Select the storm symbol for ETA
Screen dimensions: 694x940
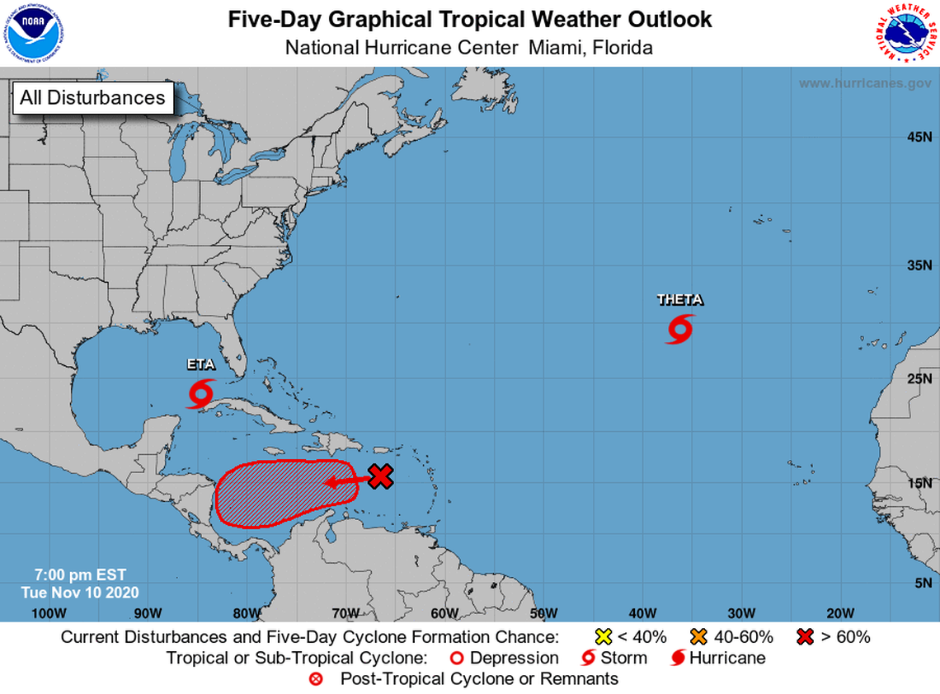(200, 392)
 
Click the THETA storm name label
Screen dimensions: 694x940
(679, 300)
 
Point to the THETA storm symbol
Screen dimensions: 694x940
(679, 329)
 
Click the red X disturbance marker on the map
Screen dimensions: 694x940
(380, 476)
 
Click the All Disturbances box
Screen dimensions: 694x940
(92, 97)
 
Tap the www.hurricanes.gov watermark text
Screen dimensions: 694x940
(864, 83)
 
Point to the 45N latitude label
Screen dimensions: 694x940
(919, 137)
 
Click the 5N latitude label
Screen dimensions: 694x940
(923, 583)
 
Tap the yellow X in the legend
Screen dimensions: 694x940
(604, 636)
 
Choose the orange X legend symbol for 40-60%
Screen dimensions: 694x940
(699, 636)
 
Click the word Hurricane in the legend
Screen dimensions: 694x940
(727, 658)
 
